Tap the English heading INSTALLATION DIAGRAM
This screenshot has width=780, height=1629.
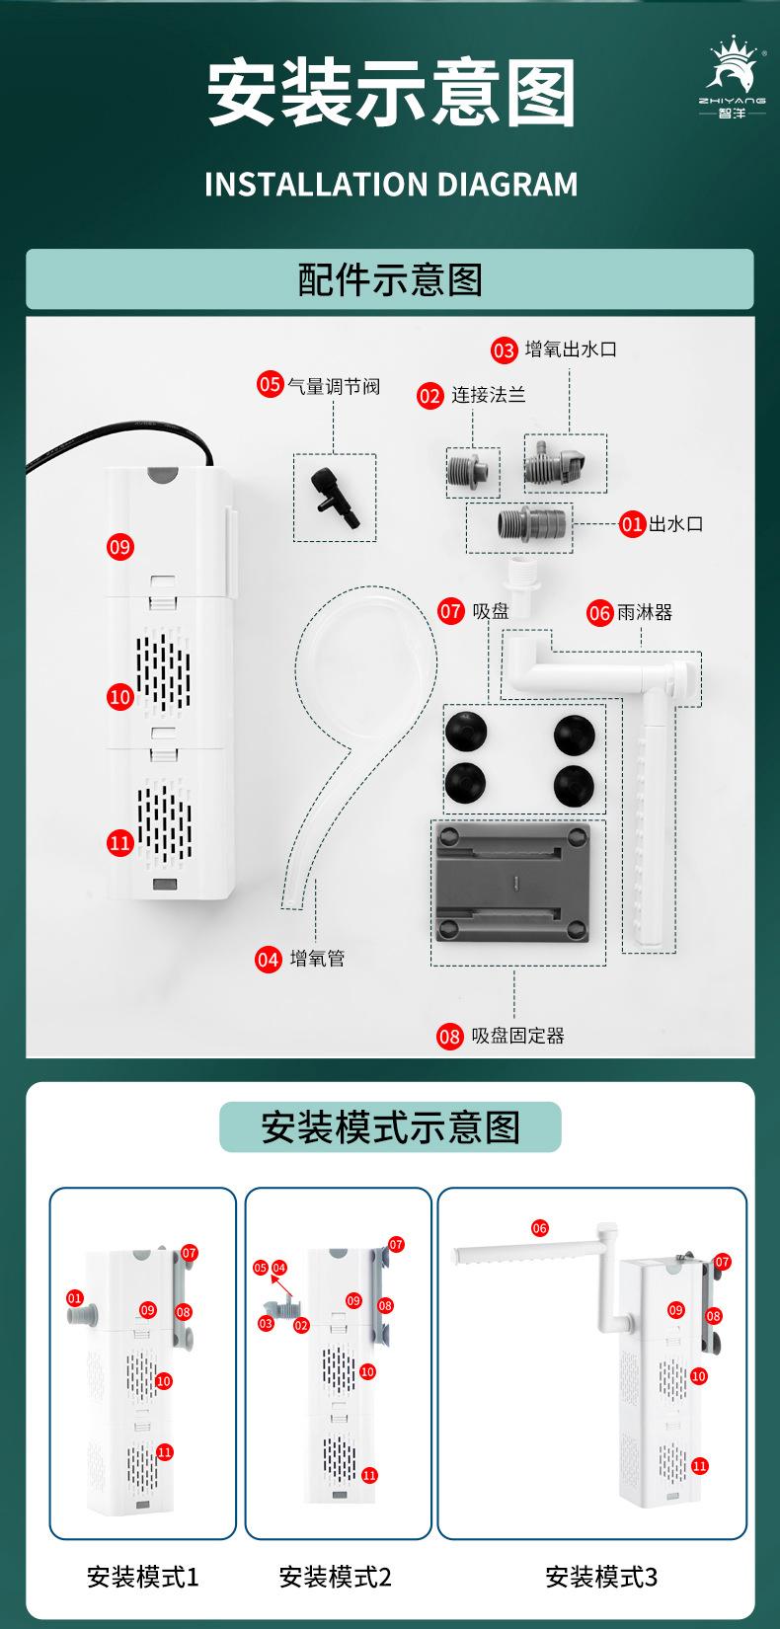[391, 185]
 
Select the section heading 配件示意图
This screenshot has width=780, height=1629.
[390, 279]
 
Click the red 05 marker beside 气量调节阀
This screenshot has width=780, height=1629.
[270, 384]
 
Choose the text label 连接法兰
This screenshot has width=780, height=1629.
[488, 395]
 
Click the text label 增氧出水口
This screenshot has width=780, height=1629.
[571, 349]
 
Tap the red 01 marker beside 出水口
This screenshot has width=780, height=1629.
[632, 523]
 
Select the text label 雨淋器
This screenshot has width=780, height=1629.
[645, 612]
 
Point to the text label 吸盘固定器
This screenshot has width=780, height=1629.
[517, 1036]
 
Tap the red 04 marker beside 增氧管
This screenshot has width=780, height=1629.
[268, 959]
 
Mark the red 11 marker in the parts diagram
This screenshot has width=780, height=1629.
[119, 842]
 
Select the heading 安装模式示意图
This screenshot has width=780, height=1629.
[390, 1127]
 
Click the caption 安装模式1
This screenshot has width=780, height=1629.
[142, 1577]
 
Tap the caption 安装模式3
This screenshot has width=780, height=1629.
[600, 1577]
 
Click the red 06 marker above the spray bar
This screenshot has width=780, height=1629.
[539, 1228]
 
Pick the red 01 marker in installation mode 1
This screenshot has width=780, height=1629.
[75, 1296]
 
